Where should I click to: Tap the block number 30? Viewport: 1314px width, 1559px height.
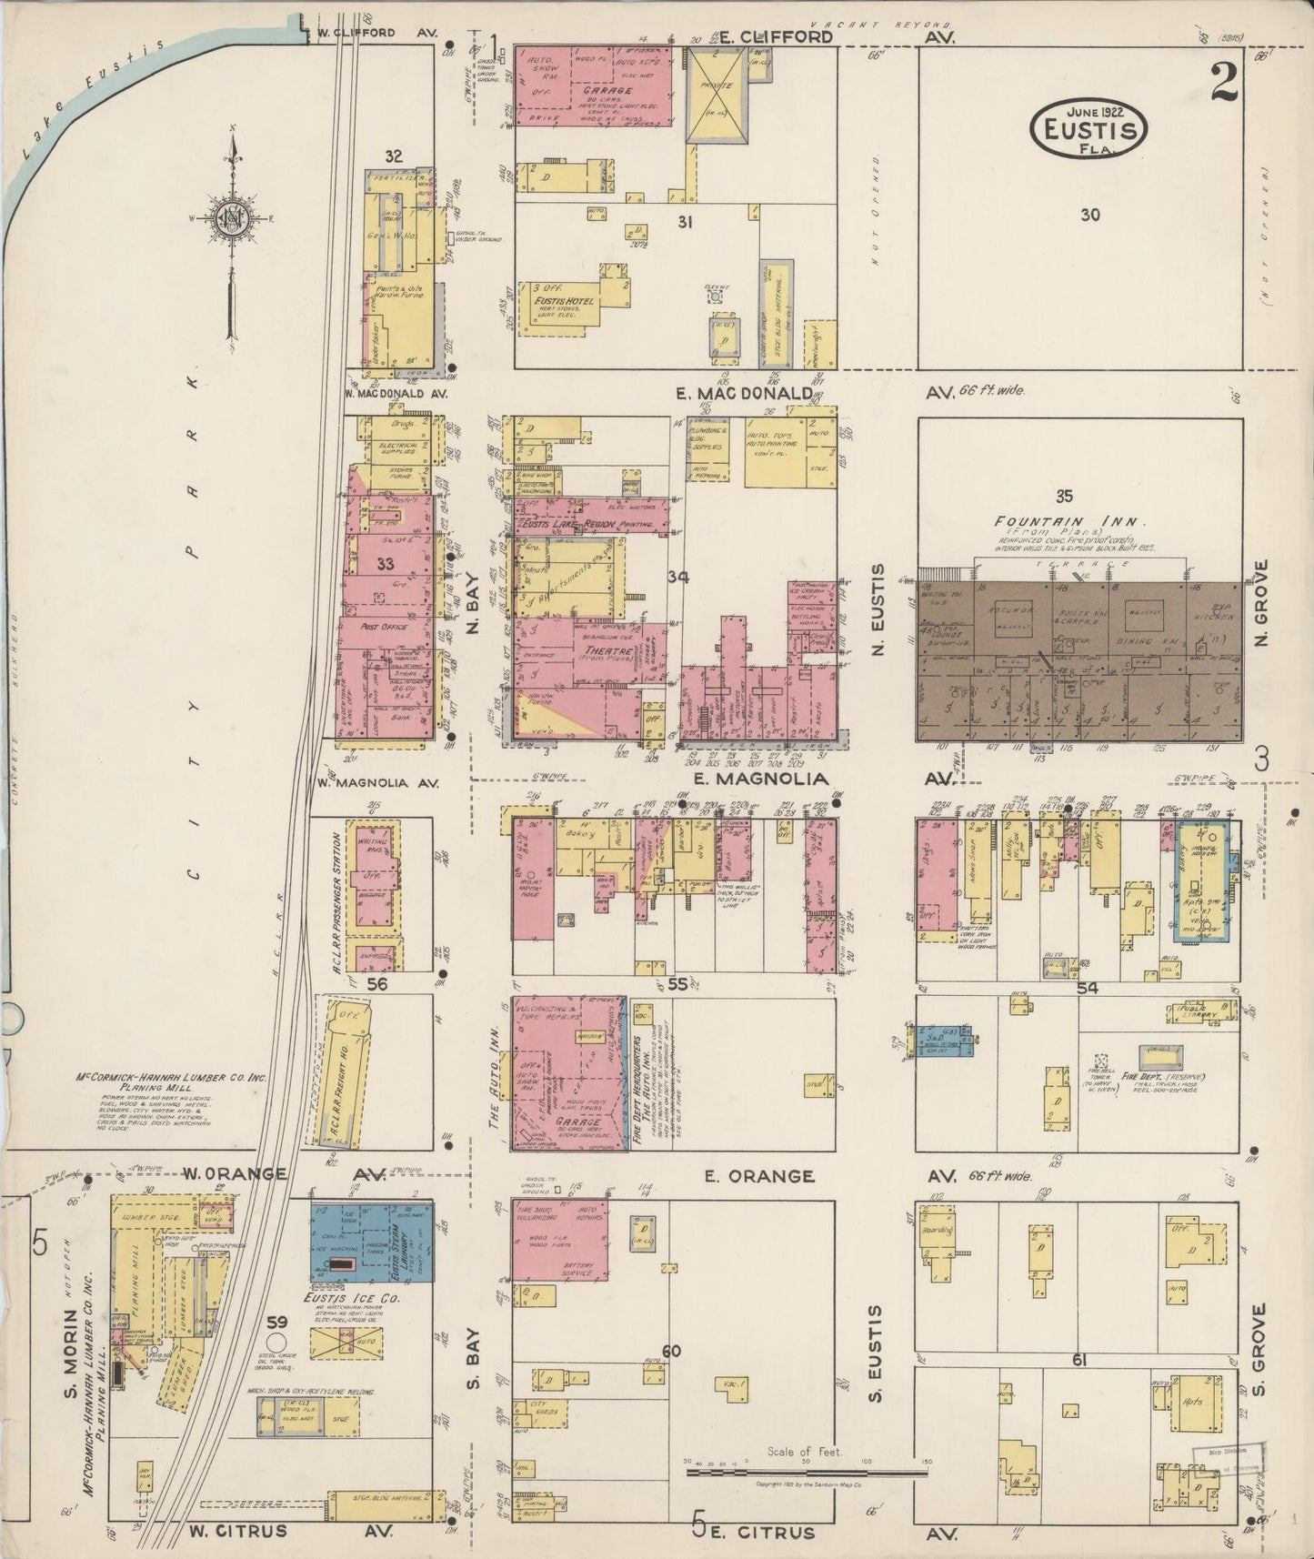1089,215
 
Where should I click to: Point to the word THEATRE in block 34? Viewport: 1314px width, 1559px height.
607,651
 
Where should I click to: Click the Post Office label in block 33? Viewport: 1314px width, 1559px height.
384,628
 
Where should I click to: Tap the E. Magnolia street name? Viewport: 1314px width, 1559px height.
761,779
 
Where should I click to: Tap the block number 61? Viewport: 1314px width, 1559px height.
1079,1361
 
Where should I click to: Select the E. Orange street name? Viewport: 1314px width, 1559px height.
759,1176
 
